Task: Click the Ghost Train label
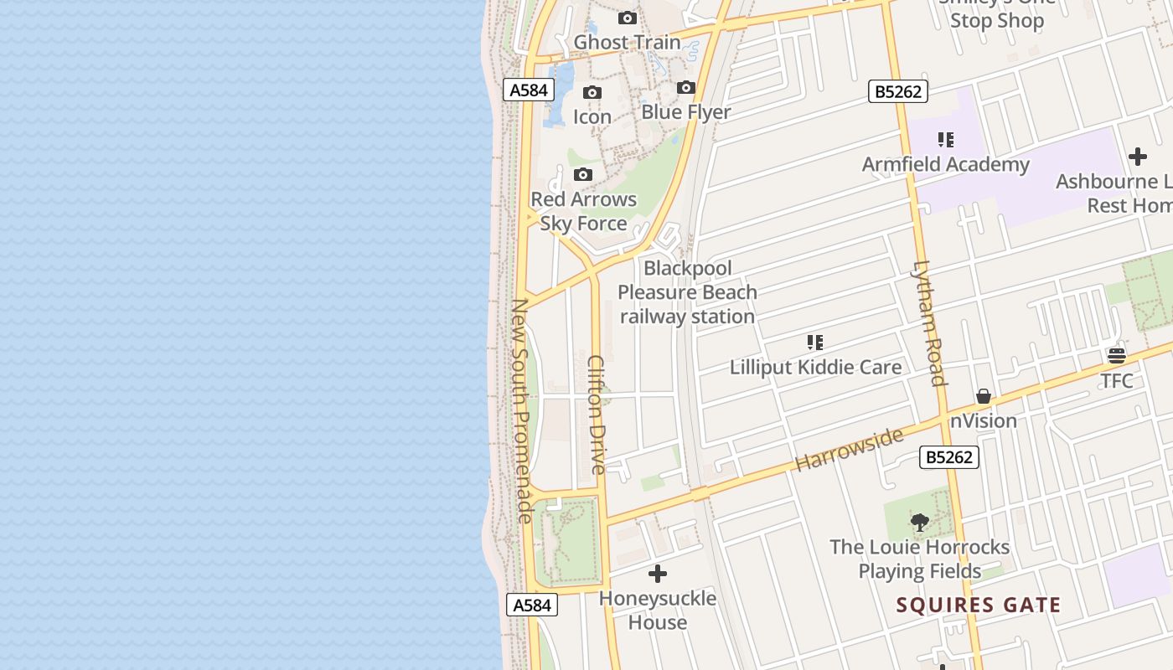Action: (x=627, y=42)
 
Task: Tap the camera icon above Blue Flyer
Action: (x=686, y=87)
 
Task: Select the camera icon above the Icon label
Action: (x=592, y=92)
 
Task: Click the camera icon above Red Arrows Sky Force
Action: (x=583, y=174)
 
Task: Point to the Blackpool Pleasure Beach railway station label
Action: (x=687, y=292)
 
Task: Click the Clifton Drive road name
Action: (x=597, y=415)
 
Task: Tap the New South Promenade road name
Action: (x=521, y=410)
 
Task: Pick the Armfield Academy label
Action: (x=945, y=164)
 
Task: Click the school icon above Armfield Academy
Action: (x=946, y=139)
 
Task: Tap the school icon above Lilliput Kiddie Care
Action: (x=815, y=342)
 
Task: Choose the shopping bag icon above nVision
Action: (x=984, y=396)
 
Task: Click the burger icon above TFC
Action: (x=1117, y=356)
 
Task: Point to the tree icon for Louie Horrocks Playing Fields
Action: (x=919, y=523)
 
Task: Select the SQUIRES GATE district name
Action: (x=979, y=605)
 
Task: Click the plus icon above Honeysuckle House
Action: (x=658, y=574)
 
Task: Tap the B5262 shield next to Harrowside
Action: (x=949, y=457)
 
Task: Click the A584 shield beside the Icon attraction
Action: (x=529, y=90)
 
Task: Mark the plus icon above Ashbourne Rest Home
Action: (x=1137, y=157)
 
